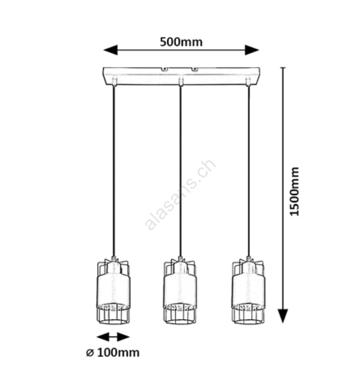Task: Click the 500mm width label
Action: click(181, 42)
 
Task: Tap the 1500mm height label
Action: click(295, 192)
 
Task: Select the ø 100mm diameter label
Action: click(113, 353)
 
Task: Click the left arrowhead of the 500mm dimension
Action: click(111, 50)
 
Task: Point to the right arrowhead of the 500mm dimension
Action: click(252, 50)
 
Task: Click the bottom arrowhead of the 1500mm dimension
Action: click(283, 316)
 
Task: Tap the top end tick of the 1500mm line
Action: click(283, 67)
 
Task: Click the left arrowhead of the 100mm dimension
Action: click(103, 337)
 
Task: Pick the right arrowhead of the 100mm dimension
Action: click(123, 337)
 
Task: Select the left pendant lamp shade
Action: click(113, 291)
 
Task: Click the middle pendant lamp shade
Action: click(180, 291)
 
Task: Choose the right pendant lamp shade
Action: click(248, 291)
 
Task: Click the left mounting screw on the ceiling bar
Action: click(164, 70)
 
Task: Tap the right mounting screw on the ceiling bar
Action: click(195, 70)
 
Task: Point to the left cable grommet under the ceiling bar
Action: click(114, 82)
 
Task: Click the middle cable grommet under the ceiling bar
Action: click(181, 82)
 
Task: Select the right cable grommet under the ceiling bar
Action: click(247, 82)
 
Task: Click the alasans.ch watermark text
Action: click(180, 195)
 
